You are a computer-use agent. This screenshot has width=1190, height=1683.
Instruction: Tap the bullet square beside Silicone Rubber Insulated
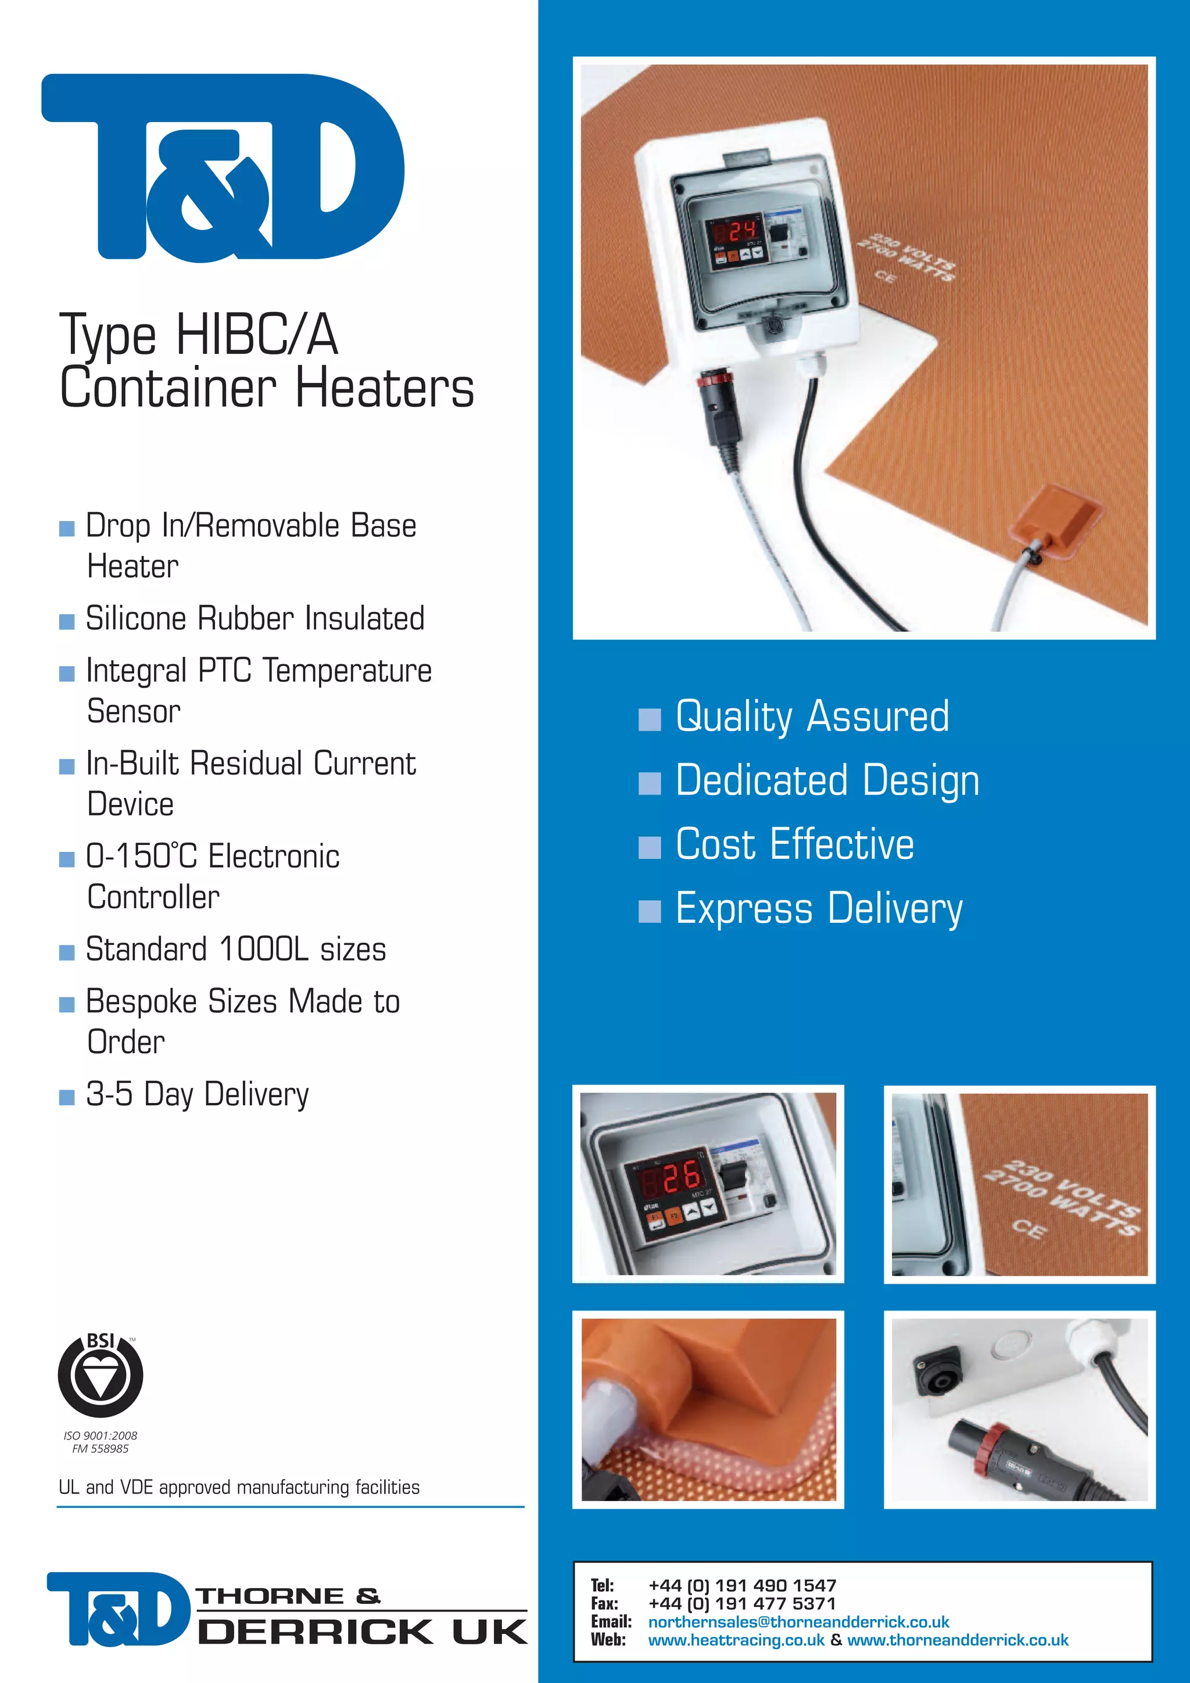click(67, 622)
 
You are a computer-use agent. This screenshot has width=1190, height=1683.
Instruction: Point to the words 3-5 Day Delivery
click(197, 1094)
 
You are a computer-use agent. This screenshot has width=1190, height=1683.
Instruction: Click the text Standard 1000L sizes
click(235, 949)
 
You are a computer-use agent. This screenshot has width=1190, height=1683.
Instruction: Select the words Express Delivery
click(819, 909)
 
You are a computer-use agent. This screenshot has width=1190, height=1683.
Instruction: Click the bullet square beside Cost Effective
click(649, 847)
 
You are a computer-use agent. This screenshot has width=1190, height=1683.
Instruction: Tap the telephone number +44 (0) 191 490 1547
click(742, 1585)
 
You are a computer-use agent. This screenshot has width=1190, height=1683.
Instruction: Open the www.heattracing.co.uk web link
click(736, 1640)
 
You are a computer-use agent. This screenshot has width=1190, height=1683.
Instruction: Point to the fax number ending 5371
click(742, 1603)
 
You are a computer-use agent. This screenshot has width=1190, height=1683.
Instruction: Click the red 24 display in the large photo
click(741, 231)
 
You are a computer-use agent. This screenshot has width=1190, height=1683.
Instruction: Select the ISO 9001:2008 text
click(101, 1435)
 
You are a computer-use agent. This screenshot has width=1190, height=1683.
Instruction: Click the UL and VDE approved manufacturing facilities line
click(239, 1487)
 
